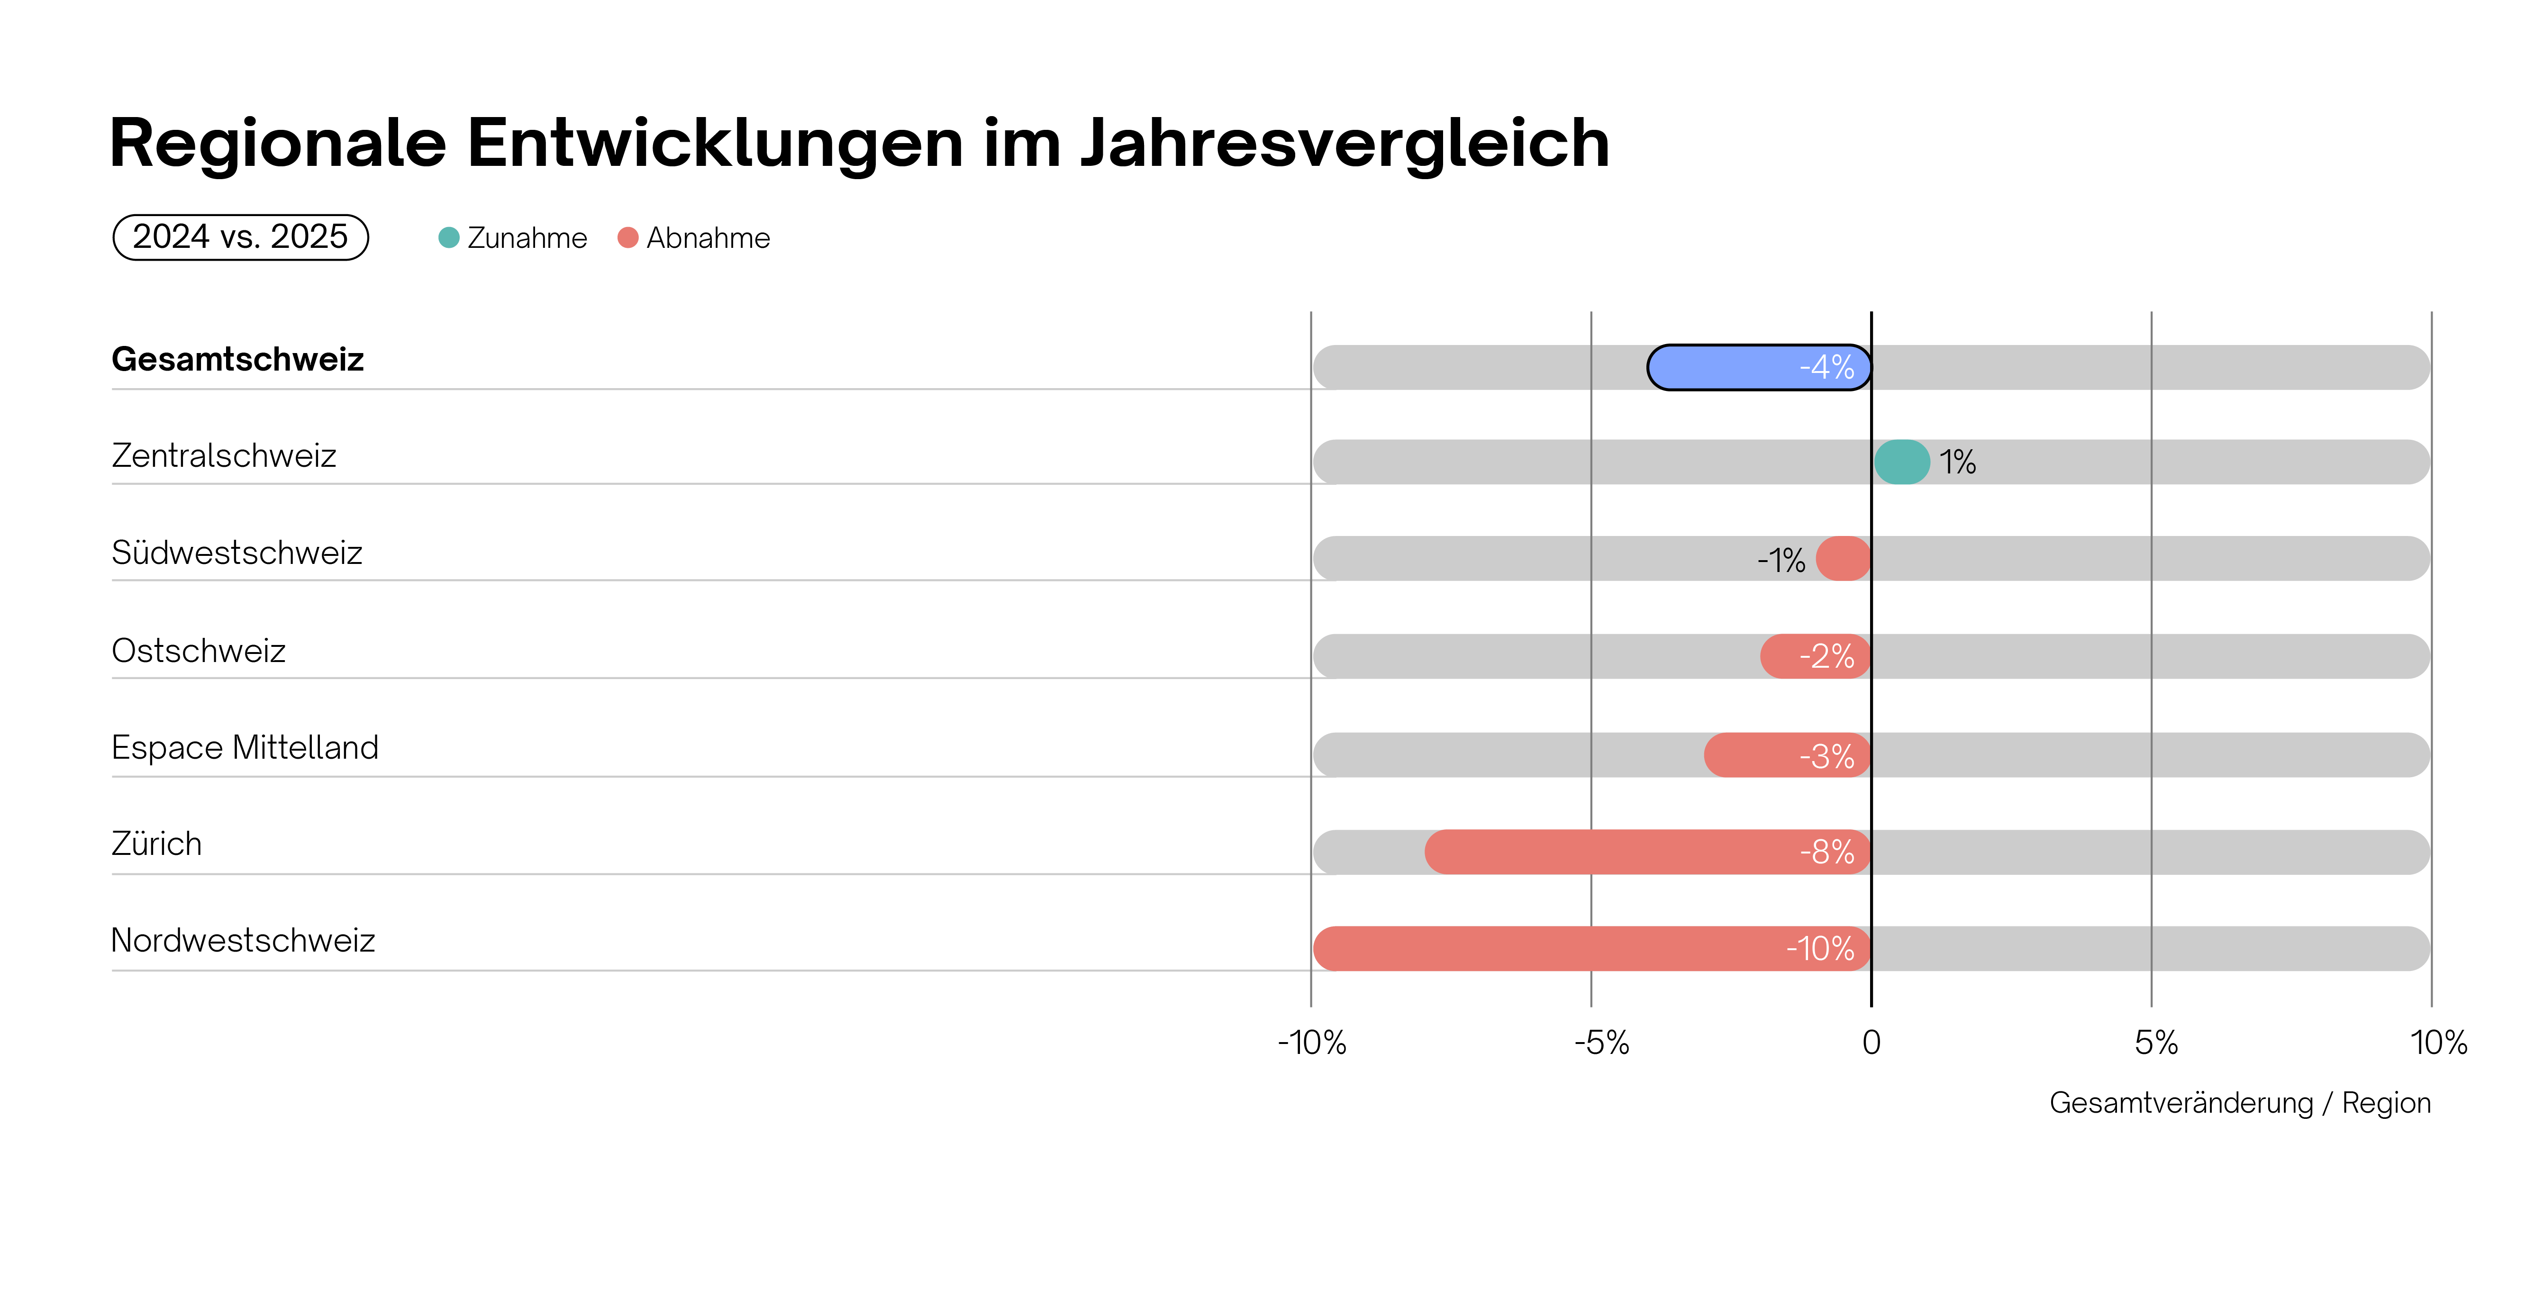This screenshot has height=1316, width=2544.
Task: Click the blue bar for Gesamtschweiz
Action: tap(1738, 367)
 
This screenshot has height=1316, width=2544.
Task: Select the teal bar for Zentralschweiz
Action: tap(1901, 462)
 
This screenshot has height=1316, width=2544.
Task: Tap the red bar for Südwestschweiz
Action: tap(1843, 559)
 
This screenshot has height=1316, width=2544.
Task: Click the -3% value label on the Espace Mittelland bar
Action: tap(1826, 756)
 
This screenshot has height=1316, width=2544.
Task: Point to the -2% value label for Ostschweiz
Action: tap(1826, 656)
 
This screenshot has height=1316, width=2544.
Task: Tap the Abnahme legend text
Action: tap(708, 238)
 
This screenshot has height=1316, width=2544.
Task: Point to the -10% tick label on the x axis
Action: tap(1311, 1043)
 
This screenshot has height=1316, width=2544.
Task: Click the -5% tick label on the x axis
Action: tap(1601, 1043)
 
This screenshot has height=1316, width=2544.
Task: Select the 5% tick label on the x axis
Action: tap(2156, 1043)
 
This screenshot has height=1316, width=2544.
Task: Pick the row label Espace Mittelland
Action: tap(245, 747)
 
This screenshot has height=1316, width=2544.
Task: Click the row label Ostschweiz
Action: tap(199, 651)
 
